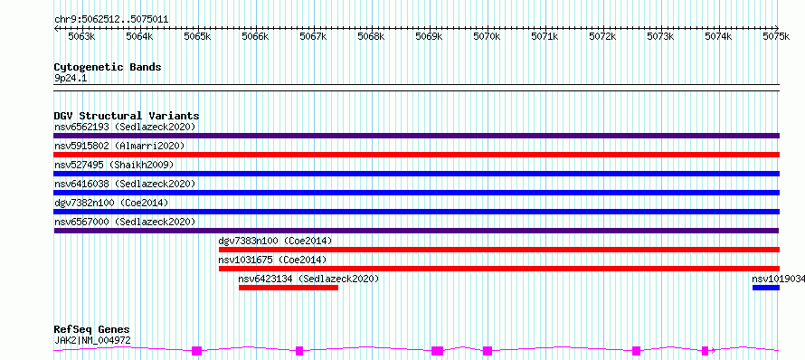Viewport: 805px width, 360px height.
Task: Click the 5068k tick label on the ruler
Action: click(x=371, y=36)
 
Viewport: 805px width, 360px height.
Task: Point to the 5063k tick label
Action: click(x=81, y=36)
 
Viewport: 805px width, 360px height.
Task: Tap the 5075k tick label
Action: click(x=776, y=36)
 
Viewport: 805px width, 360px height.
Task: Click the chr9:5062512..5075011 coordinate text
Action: click(x=111, y=20)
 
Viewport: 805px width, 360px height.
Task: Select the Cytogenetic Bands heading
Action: click(x=108, y=67)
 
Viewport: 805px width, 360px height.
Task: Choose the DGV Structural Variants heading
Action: click(x=127, y=116)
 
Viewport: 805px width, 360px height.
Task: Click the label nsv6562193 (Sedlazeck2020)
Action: click(x=125, y=127)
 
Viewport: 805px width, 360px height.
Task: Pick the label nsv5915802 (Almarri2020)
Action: click(x=119, y=146)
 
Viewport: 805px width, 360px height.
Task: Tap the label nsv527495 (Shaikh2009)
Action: click(x=114, y=165)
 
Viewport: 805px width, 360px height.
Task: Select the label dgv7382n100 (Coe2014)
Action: click(x=111, y=203)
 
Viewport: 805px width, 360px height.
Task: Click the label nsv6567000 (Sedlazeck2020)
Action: click(x=125, y=222)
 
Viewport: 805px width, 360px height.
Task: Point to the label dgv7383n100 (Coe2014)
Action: click(x=275, y=241)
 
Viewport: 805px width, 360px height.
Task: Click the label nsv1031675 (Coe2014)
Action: click(x=272, y=260)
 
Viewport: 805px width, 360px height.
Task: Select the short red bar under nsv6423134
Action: click(x=289, y=288)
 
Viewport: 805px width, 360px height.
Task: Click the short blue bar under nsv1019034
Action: click(x=766, y=288)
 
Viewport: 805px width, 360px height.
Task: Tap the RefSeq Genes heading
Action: click(x=92, y=330)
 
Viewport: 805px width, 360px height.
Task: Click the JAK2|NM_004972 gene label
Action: click(x=92, y=340)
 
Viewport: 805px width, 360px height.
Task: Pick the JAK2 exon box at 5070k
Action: click(x=488, y=351)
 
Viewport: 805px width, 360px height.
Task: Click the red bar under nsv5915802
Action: click(x=417, y=155)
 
